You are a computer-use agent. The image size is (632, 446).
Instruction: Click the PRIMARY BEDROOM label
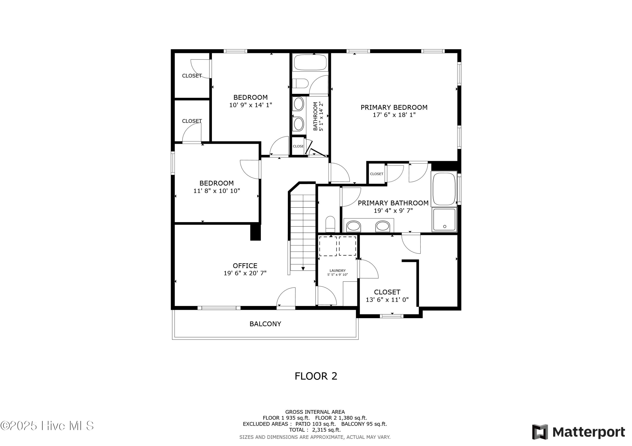coord(394,107)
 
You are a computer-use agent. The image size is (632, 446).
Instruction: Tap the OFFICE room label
coord(245,266)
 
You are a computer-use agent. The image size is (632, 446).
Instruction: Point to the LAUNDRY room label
coord(337,271)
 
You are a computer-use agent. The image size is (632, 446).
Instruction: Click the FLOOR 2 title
coord(316,376)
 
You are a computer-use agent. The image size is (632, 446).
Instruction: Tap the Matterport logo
coord(578,432)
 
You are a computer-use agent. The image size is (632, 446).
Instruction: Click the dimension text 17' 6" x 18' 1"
coord(394,115)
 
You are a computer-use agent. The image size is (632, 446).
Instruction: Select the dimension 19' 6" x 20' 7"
coord(245,273)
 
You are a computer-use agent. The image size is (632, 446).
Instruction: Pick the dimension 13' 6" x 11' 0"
coord(387,300)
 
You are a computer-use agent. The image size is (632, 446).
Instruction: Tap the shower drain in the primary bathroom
coord(445,227)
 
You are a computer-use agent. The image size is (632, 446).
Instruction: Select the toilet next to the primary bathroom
coord(330,224)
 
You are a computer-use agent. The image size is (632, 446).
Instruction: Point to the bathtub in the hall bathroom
coord(310,63)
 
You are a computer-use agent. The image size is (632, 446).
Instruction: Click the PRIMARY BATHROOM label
coord(393,203)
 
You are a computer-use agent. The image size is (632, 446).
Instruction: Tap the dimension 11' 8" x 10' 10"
coord(217,191)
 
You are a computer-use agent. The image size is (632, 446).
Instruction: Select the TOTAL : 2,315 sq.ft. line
coord(315,430)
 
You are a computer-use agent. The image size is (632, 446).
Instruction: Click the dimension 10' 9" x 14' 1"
coord(250,105)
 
